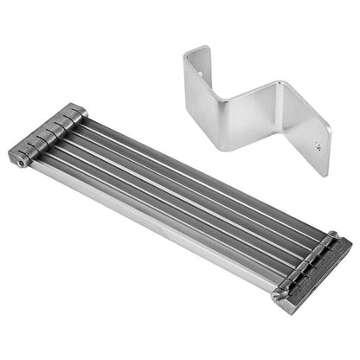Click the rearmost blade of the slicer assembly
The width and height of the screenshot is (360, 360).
[199, 165]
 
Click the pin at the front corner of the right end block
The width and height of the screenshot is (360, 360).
[277, 297]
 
